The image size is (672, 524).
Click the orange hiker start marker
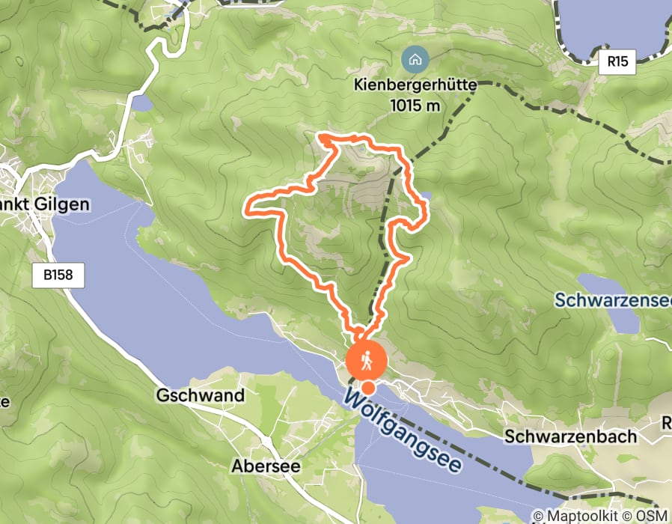point(367,360)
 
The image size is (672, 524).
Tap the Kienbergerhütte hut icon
point(415,58)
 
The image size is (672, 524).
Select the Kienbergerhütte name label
point(415,86)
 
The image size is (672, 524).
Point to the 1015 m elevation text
point(415,106)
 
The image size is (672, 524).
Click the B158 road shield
point(58,275)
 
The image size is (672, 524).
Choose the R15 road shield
point(617,62)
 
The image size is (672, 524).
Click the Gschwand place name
point(201,395)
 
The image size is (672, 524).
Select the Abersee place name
point(266,466)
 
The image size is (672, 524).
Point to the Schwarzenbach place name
point(570,436)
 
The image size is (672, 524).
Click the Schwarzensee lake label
point(613,300)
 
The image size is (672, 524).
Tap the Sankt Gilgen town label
point(45,204)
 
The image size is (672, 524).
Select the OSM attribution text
point(650,516)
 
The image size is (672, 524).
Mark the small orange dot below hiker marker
point(369,387)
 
